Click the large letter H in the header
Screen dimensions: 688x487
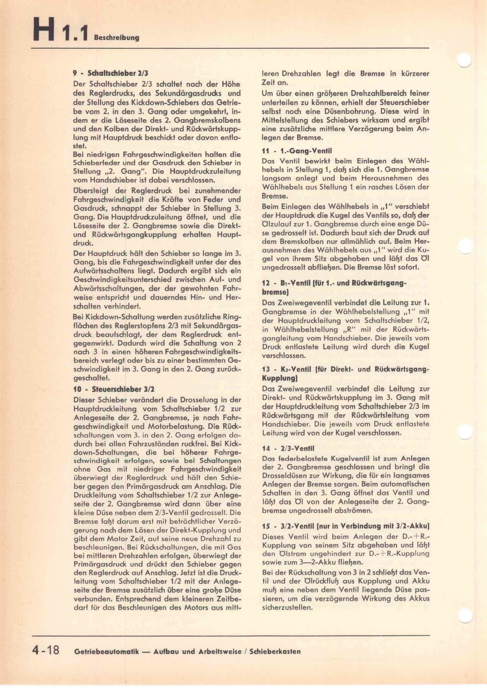pyautogui.click(x=44, y=29)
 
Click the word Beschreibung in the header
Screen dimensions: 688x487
pyautogui.click(x=117, y=38)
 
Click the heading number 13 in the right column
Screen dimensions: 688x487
pyautogui.click(x=266, y=369)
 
